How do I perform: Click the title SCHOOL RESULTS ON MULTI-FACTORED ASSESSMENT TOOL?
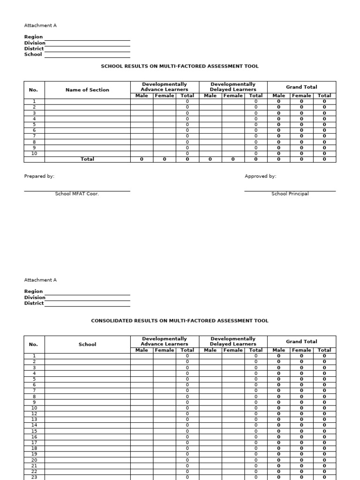[x=180, y=67]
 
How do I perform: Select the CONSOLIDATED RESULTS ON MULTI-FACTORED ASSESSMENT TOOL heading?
[x=180, y=321]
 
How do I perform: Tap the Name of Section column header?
[x=87, y=90]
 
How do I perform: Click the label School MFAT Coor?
[x=77, y=194]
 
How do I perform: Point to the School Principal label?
[x=290, y=194]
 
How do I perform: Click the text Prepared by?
[x=39, y=176]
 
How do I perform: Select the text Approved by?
[x=260, y=176]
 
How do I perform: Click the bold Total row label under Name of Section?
[x=87, y=159]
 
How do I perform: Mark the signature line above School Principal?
[x=290, y=191]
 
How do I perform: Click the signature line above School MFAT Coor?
[x=77, y=191]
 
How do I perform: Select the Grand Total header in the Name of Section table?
[x=301, y=87]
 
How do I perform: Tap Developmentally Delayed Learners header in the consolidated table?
[x=233, y=341]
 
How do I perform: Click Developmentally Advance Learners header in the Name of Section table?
[x=165, y=87]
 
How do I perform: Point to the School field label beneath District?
[x=33, y=54]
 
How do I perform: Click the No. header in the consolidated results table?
[x=33, y=345]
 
